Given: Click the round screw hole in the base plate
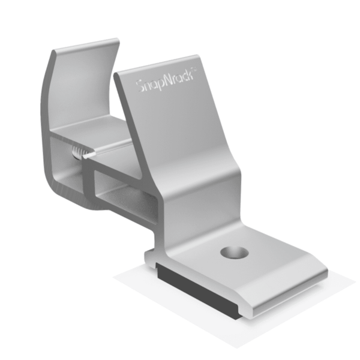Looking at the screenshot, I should point(234,252).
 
